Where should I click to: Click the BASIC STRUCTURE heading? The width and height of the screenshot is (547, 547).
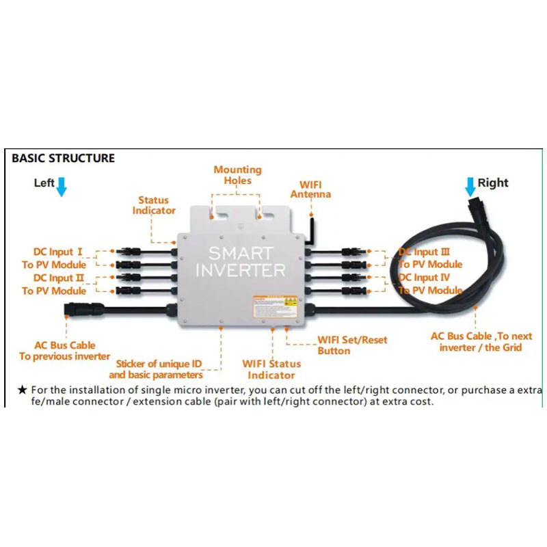pyautogui.click(x=63, y=158)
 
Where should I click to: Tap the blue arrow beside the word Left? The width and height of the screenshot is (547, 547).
pyautogui.click(x=62, y=185)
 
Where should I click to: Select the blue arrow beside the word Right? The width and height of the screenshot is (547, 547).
pyautogui.click(x=470, y=185)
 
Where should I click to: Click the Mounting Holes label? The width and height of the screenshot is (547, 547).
pyautogui.click(x=237, y=175)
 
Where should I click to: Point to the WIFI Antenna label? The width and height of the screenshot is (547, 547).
pyautogui.click(x=310, y=189)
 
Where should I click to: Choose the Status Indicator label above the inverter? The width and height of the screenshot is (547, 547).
pyautogui.click(x=153, y=205)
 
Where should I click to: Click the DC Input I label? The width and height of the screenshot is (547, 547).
pyautogui.click(x=58, y=252)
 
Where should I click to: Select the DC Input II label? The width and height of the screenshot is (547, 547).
pyautogui.click(x=59, y=278)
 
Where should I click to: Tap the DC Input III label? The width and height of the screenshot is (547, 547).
pyautogui.click(x=424, y=252)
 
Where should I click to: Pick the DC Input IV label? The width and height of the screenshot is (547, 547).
pyautogui.click(x=424, y=278)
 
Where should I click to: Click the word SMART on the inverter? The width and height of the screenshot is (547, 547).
pyautogui.click(x=241, y=253)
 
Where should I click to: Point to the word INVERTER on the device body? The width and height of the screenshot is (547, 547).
pyautogui.click(x=241, y=270)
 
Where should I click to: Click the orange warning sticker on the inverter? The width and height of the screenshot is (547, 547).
pyautogui.click(x=276, y=306)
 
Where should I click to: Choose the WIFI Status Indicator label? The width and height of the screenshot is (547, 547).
pyautogui.click(x=271, y=369)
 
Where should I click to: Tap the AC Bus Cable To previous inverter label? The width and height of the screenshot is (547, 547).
pyautogui.click(x=64, y=351)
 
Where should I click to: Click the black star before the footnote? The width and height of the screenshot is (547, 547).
pyautogui.click(x=22, y=390)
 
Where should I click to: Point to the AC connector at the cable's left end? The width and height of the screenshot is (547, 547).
pyautogui.click(x=73, y=309)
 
